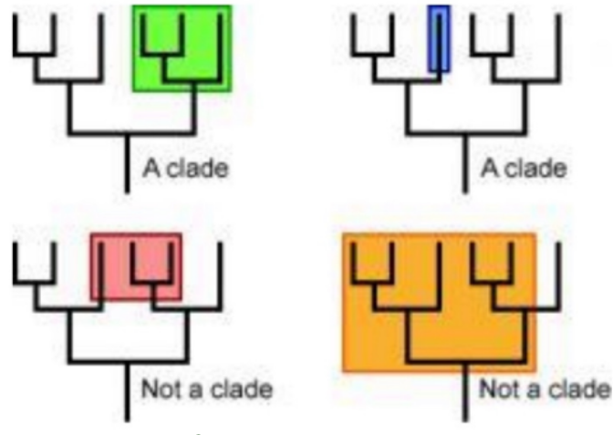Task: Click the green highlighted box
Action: tap(182, 47)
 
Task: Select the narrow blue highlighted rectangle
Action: tap(439, 38)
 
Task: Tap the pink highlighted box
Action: tap(136, 265)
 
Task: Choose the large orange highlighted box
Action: tap(438, 302)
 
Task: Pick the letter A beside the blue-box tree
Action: tap(488, 168)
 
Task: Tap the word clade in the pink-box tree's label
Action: tap(241, 389)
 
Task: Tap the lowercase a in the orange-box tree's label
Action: tap(538, 390)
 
